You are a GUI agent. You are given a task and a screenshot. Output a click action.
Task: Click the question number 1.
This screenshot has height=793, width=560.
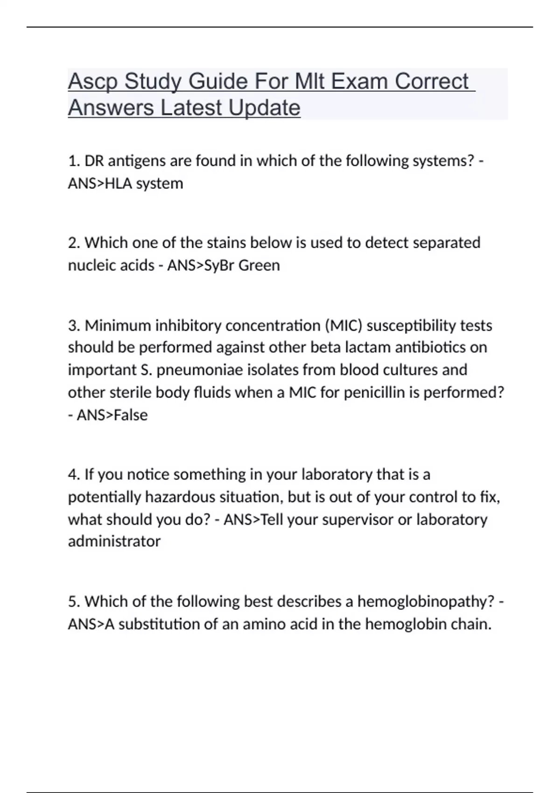pos(73,161)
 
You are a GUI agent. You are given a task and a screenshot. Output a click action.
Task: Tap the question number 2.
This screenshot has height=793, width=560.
pos(74,243)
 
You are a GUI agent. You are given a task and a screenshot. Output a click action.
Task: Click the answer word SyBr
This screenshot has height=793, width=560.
pos(219,265)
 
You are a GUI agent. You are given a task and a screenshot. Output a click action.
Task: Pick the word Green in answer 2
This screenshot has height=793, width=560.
pos(259,265)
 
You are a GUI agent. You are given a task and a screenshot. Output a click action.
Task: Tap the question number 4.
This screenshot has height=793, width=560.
pos(74,474)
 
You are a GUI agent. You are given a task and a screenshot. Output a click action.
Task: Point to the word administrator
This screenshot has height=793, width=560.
pos(114,542)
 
